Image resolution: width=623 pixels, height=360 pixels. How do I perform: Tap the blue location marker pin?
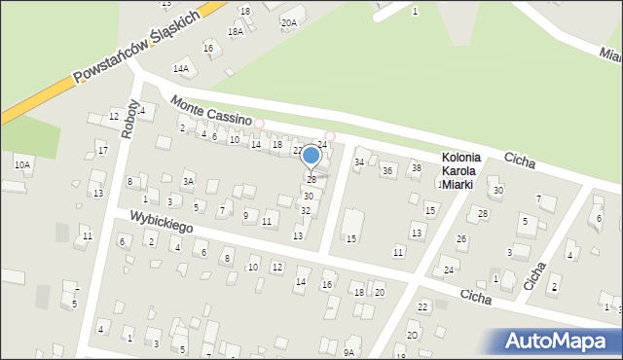[x=311, y=157]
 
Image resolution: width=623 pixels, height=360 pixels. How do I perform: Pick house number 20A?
[x=288, y=22]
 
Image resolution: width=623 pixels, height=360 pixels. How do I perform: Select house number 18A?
[x=235, y=32]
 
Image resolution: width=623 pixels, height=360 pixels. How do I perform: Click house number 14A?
[x=180, y=69]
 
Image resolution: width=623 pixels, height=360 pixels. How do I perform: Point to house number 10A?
[x=21, y=165]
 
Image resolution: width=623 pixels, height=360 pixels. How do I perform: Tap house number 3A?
[x=189, y=182]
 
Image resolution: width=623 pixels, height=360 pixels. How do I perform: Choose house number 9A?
[x=348, y=352]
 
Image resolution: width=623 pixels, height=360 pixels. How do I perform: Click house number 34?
[x=359, y=162]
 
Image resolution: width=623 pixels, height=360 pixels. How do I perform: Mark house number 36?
[x=386, y=171]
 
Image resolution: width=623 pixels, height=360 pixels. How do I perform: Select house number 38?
[x=416, y=168]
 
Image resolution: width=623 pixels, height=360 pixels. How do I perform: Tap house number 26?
[x=461, y=239]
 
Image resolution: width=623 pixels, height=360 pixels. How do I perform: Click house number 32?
[x=306, y=211]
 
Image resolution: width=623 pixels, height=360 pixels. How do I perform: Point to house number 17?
[x=102, y=151]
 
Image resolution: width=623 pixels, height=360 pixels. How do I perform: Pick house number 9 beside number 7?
[x=245, y=215]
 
